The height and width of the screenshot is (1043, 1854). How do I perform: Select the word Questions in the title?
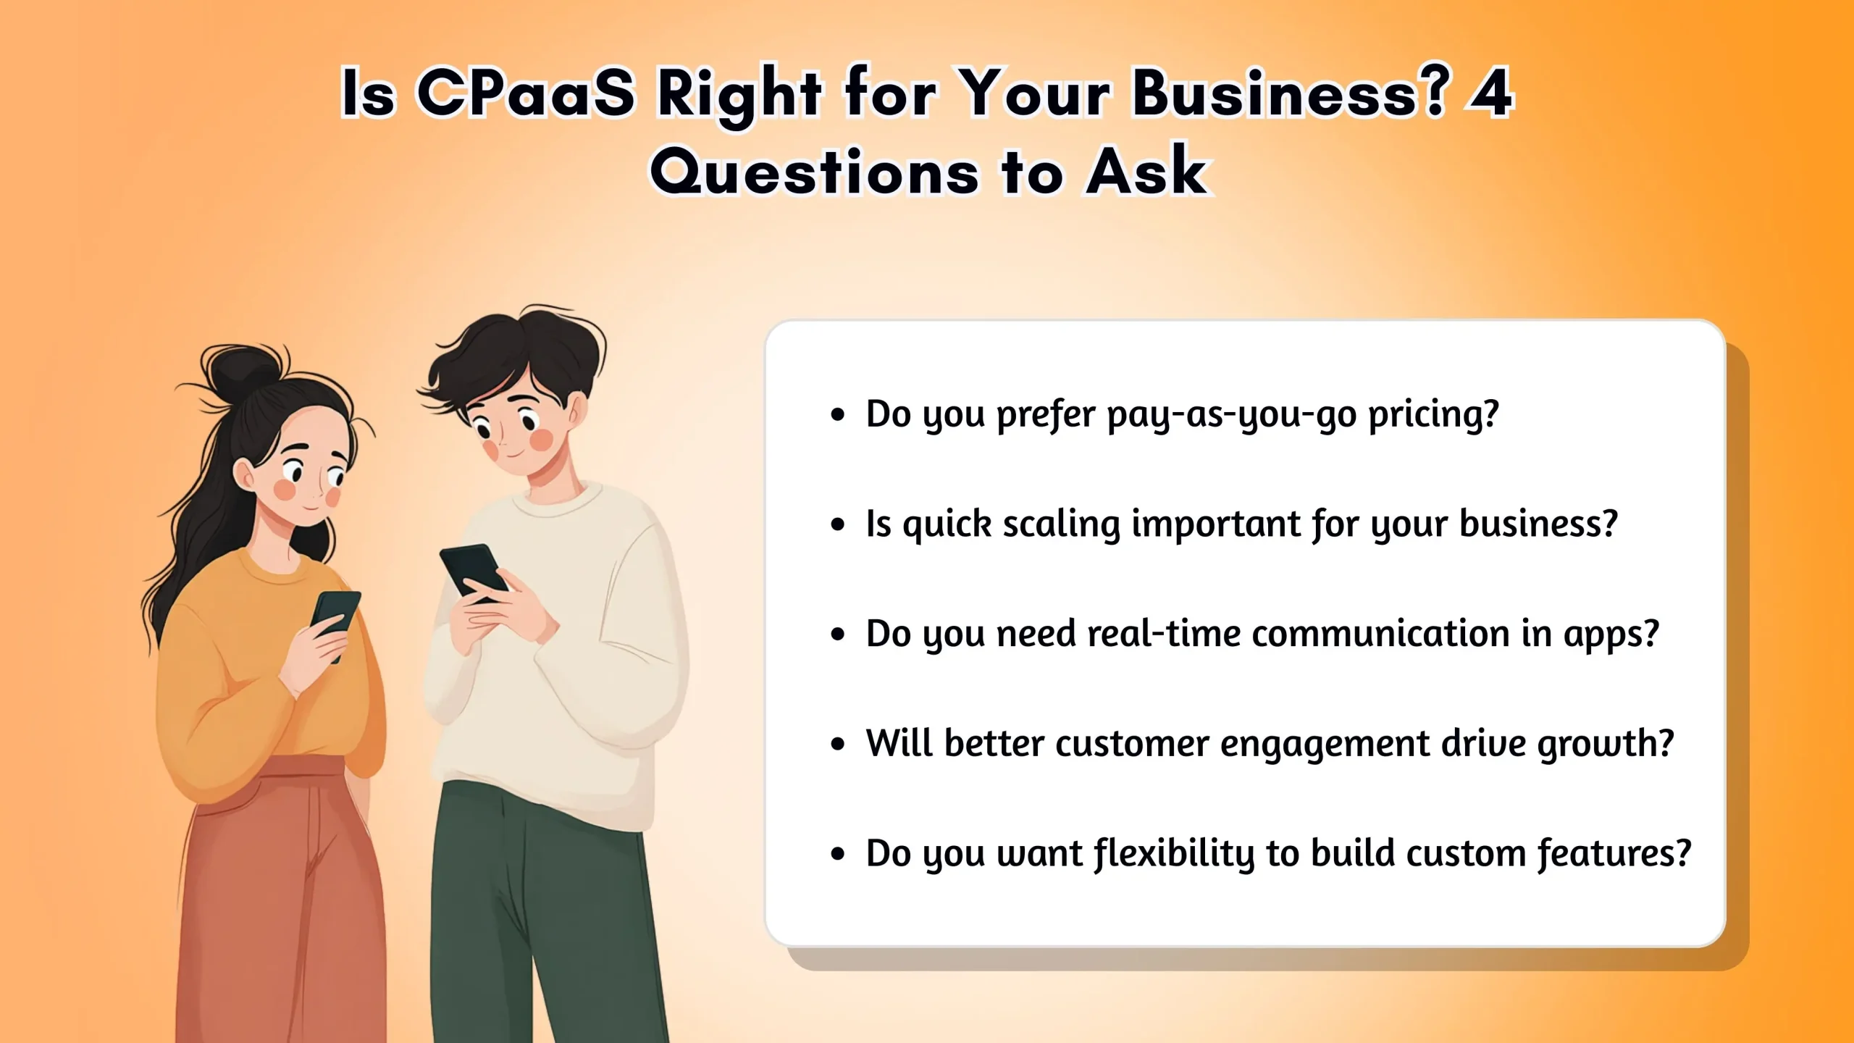point(815,172)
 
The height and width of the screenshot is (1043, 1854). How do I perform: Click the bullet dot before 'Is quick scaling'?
point(838,524)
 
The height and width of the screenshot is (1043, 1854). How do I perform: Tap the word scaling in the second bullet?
point(1061,524)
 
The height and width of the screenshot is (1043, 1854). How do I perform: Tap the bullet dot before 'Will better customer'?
point(838,744)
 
